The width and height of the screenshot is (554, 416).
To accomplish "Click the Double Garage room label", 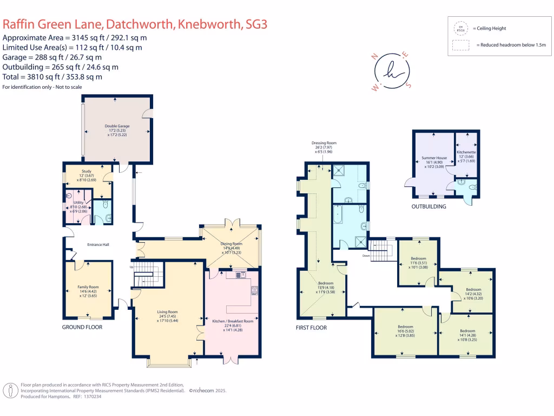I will (117, 126).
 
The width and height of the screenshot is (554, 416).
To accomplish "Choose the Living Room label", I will (167, 312).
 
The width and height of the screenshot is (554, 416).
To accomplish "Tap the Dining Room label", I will (230, 244).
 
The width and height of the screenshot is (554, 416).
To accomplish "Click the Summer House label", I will (434, 158).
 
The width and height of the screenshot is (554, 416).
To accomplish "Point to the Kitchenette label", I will (466, 153).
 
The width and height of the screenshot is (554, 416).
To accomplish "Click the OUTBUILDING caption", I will (428, 206).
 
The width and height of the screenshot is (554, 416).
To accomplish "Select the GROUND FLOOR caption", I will (82, 327).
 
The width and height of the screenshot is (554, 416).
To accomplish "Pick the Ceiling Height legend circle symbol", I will (461, 28).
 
